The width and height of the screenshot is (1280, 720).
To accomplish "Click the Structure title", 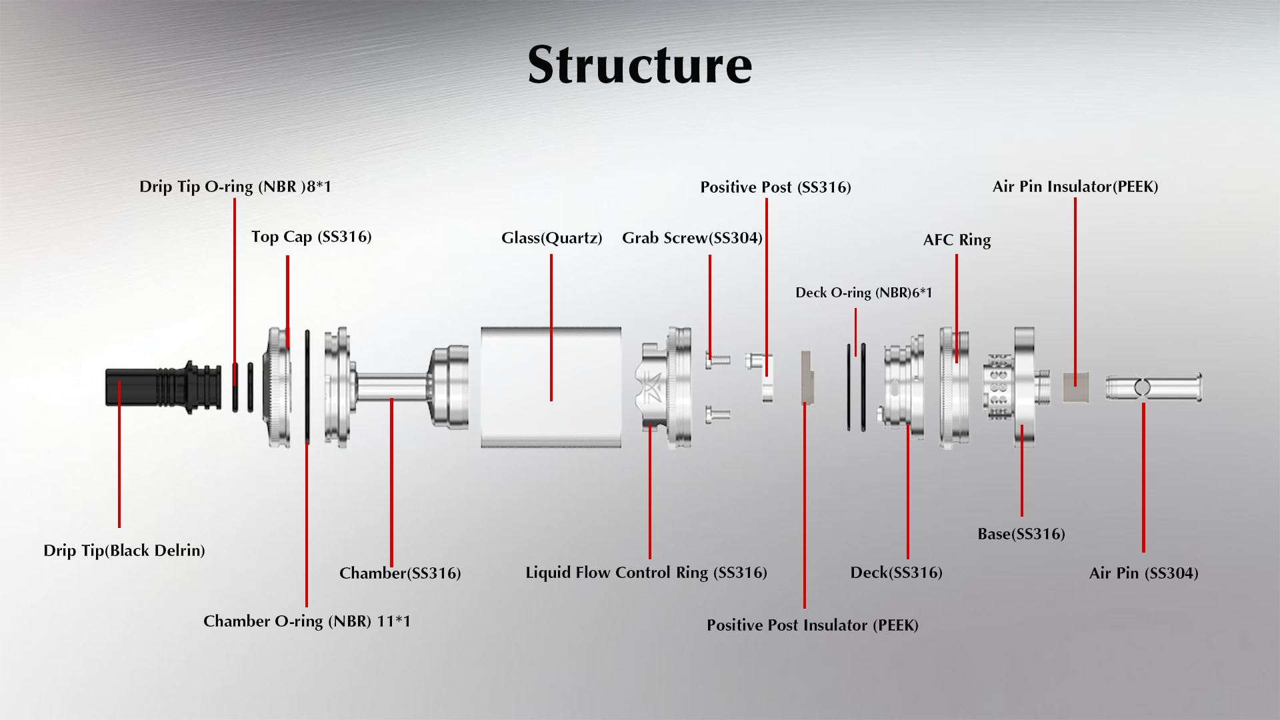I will pyautogui.click(x=639, y=65).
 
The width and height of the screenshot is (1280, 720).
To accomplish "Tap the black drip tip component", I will pyautogui.click(x=163, y=387).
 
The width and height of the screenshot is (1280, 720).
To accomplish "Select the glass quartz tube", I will pyautogui.click(x=551, y=387).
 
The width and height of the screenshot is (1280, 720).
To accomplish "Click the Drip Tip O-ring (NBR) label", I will pyautogui.click(x=235, y=187).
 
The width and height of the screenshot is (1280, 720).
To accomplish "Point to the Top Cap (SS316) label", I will pyautogui.click(x=311, y=237).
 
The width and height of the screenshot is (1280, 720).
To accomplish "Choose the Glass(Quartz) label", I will pyautogui.click(x=551, y=238).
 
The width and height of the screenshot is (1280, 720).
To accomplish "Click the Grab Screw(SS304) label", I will pyautogui.click(x=692, y=238).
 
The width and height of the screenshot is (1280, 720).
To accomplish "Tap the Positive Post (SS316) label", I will pyautogui.click(x=775, y=187).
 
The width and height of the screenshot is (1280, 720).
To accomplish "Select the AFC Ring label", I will pyautogui.click(x=957, y=240).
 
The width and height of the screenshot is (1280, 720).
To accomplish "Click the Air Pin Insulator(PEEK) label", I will pyautogui.click(x=1075, y=187).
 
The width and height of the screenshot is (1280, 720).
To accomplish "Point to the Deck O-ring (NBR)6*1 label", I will pyautogui.click(x=863, y=293).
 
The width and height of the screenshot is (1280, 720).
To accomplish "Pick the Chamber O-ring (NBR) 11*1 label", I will pyautogui.click(x=307, y=621).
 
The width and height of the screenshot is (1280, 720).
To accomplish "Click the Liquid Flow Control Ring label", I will pyautogui.click(x=646, y=573).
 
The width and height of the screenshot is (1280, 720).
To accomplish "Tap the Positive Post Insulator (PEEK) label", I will pyautogui.click(x=812, y=625).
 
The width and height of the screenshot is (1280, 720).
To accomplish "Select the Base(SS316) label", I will pyautogui.click(x=1021, y=534).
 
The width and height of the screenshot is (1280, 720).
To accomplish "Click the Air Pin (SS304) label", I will pyautogui.click(x=1143, y=573).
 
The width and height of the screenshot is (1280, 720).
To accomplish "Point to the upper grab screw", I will pyautogui.click(x=717, y=360).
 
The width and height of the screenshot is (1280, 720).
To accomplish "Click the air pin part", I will pyautogui.click(x=1153, y=387).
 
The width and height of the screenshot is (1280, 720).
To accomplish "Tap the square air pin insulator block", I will pyautogui.click(x=1075, y=387).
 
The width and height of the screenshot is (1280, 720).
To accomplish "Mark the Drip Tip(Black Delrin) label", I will pyautogui.click(x=124, y=551).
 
